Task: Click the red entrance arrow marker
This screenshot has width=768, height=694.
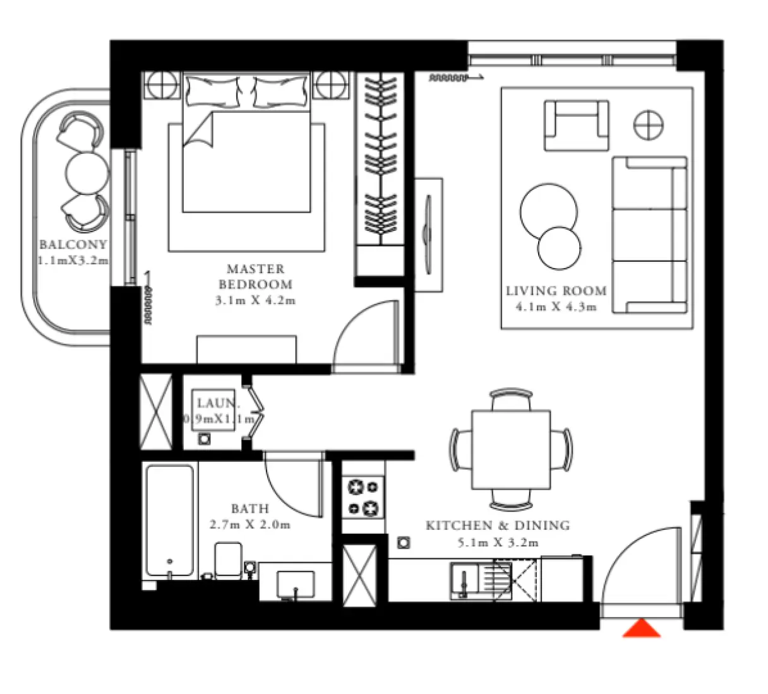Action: (641, 629)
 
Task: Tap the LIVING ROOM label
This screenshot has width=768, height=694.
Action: (556, 291)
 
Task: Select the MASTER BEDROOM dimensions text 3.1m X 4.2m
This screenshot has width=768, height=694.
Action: (255, 301)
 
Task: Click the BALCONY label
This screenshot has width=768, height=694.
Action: (73, 245)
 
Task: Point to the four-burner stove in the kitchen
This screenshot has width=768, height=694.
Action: (363, 497)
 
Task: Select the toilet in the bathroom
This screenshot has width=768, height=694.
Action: (227, 560)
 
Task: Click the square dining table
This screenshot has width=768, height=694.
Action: (511, 449)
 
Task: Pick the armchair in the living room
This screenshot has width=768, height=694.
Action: (577, 126)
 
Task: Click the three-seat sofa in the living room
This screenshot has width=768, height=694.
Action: (649, 235)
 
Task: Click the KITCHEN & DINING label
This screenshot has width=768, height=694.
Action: (498, 526)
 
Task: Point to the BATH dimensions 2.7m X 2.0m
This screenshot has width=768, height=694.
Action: (249, 524)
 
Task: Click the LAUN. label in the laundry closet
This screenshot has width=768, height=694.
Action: (218, 403)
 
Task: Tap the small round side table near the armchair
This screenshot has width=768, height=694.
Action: (649, 124)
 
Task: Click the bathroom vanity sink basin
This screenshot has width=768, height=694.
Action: (296, 584)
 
